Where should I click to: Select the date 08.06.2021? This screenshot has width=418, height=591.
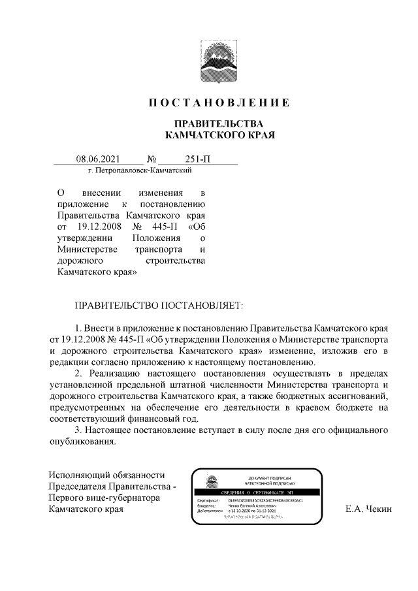(97, 159)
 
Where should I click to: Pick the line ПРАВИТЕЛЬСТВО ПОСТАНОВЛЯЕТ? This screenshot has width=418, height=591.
(160, 305)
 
